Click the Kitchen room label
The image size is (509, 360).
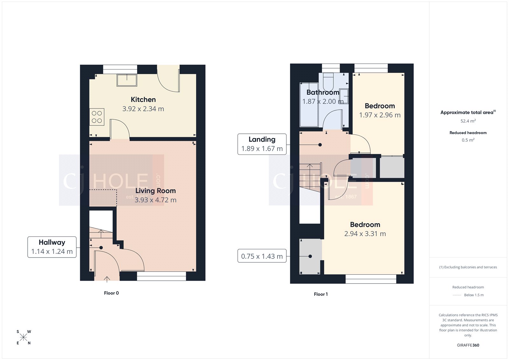tap(143, 100)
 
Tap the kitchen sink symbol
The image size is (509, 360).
tap(127, 80)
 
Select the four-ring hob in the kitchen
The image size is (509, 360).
tap(97, 117)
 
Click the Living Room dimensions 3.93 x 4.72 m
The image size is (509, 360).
tap(155, 200)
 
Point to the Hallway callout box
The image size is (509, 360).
tap(52, 247)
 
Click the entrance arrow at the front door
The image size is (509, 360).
tap(107, 279)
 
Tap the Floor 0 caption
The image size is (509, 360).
tap(111, 293)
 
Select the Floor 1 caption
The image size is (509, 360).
tap(321, 294)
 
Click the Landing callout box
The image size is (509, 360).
tap(262, 144)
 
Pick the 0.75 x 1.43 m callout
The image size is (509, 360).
tap(262, 256)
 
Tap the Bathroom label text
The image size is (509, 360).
tap(323, 92)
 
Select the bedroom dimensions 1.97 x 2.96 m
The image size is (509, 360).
tap(380, 115)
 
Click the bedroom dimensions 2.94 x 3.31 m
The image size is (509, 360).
tap(365, 234)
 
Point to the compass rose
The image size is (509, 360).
tap(24, 337)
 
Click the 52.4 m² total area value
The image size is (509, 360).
tap(468, 121)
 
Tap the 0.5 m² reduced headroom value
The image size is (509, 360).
tap(468, 140)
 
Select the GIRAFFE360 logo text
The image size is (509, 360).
tap(468, 345)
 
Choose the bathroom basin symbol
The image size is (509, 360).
tap(344, 96)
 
